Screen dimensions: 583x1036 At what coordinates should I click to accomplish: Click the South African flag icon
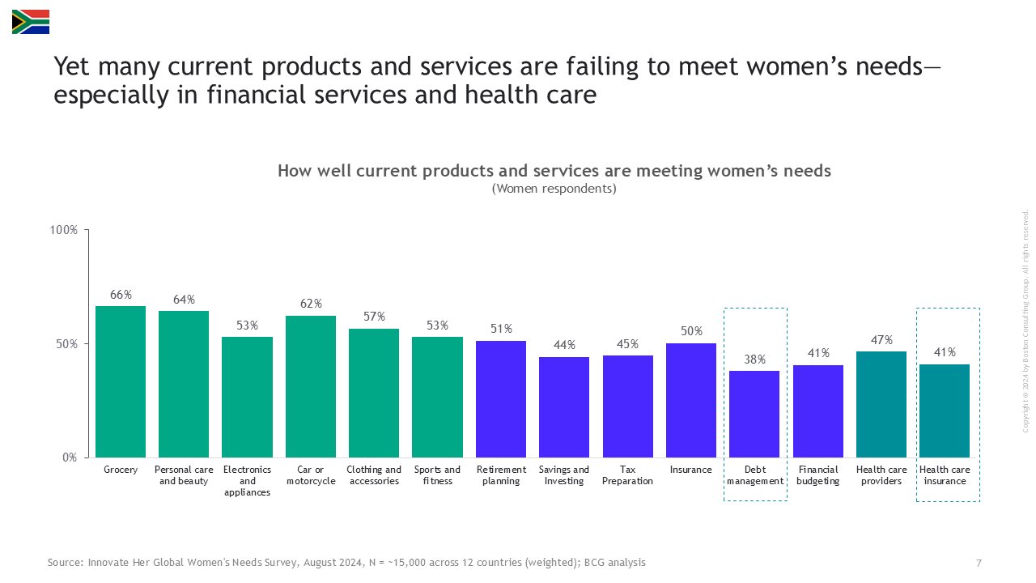[31, 22]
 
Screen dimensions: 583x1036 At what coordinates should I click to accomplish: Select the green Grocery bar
[121, 381]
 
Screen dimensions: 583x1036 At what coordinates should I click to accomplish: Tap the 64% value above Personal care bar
[184, 300]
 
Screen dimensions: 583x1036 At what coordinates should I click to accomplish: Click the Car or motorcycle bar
[311, 386]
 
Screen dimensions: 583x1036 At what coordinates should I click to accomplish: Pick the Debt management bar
[754, 414]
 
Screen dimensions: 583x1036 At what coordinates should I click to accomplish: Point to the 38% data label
[754, 360]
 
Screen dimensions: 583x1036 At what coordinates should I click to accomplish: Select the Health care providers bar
[881, 404]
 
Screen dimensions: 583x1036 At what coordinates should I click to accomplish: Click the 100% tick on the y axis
[64, 230]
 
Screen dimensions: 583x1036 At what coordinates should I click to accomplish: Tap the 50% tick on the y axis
[66, 343]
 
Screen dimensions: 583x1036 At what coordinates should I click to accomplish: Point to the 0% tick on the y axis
[70, 457]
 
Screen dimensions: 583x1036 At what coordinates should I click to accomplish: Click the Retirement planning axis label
[501, 475]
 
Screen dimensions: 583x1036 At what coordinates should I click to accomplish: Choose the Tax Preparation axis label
[627, 475]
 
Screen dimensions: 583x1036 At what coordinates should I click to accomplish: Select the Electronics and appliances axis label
[247, 481]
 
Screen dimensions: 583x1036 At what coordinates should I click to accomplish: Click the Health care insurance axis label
[945, 475]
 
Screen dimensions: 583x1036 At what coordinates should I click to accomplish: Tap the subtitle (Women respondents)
[554, 189]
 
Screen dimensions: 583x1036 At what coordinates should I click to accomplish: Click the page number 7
[979, 563]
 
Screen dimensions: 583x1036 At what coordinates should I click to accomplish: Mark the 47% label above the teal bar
[881, 340]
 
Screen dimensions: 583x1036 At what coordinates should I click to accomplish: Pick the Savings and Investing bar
[564, 407]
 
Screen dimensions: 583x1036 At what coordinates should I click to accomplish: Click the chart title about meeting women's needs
[554, 171]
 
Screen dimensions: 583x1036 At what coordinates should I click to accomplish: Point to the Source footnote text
[346, 563]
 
